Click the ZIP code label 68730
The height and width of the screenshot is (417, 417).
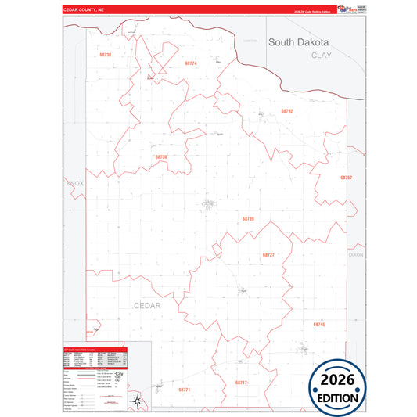click(106, 55)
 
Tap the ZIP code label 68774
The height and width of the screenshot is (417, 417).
click(190, 63)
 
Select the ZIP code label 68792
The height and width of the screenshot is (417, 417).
click(286, 111)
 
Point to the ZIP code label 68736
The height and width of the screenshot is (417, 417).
click(161, 157)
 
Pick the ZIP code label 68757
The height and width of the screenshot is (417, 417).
click(346, 178)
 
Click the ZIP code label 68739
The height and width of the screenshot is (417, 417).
click(248, 219)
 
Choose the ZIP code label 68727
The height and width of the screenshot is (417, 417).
click(268, 255)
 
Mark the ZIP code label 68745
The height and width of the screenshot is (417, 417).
click(318, 324)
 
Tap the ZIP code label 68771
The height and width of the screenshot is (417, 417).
click(184, 389)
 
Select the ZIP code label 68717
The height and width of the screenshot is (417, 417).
click(241, 383)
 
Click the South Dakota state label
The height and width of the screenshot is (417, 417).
click(298, 42)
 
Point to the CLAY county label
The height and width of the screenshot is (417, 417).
click(322, 56)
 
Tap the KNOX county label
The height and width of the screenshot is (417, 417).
click(74, 183)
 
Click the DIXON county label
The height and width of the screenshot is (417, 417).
click(356, 255)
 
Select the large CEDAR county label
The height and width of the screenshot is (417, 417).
click(146, 306)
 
